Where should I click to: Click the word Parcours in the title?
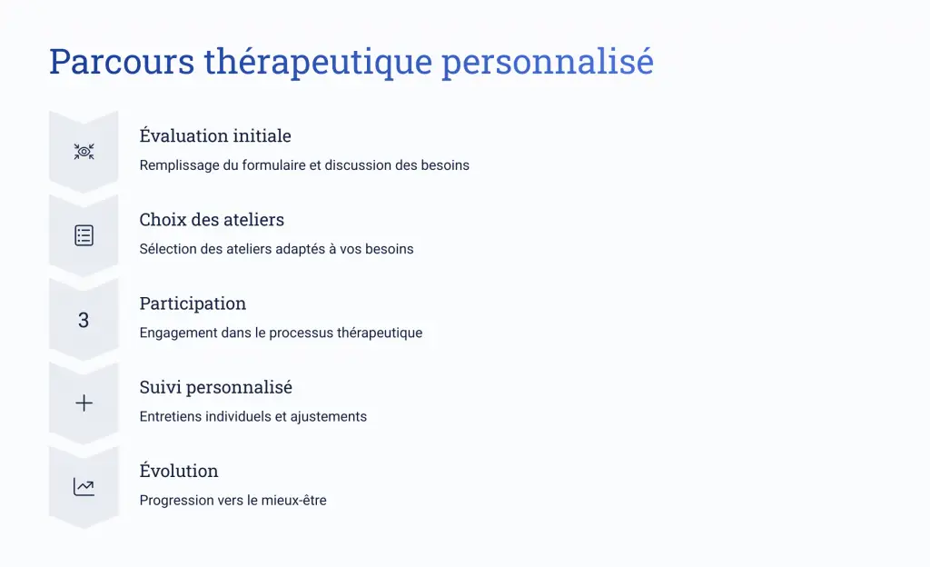(x=122, y=61)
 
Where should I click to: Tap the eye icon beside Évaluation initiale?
(x=84, y=152)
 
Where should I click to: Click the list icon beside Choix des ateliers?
(x=84, y=235)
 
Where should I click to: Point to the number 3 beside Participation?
(x=84, y=320)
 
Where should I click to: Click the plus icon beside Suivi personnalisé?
(x=84, y=403)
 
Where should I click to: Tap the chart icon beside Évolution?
(x=84, y=487)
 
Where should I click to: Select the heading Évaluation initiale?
(x=215, y=135)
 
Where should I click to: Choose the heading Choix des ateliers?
(x=212, y=220)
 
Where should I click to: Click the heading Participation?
(x=193, y=303)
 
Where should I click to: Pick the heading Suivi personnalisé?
(x=216, y=387)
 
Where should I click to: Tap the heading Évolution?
(x=179, y=471)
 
